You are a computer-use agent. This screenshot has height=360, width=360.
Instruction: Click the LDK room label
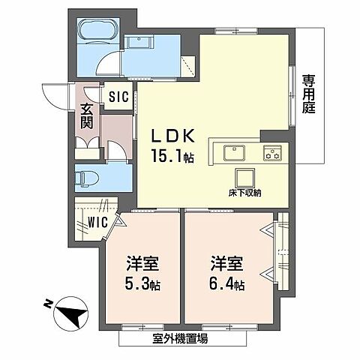pos(174,136)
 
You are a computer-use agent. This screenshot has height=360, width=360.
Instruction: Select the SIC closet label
pos(118,97)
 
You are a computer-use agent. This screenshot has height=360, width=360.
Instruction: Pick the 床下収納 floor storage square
pos(244,178)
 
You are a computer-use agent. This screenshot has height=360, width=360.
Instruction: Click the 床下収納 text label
pos(244,193)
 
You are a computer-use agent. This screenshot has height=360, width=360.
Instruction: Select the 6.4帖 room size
pos(229,285)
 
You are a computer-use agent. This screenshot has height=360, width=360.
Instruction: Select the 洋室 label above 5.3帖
pos(141,264)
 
